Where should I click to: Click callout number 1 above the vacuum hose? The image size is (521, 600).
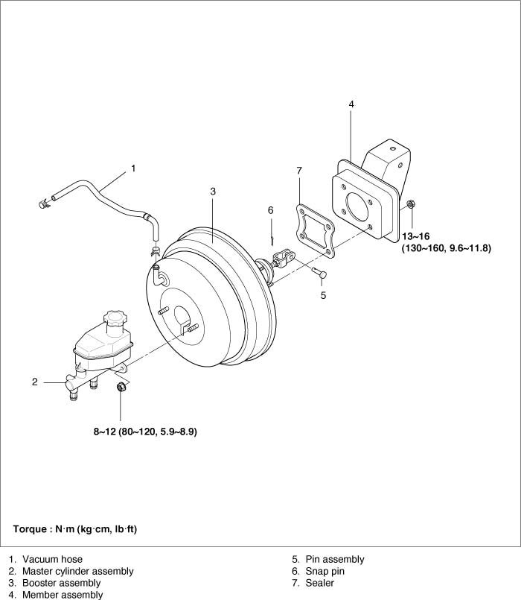tap(133, 168)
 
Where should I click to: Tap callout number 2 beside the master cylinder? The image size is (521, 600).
tap(34, 382)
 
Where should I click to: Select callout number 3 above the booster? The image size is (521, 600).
tap(212, 192)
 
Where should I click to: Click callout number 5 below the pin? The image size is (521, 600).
tap(323, 295)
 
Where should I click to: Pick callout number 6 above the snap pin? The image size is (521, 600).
tap(271, 210)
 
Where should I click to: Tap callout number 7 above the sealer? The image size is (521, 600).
tap(299, 171)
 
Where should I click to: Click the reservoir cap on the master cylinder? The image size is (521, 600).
tap(115, 320)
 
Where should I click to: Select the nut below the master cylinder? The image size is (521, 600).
tap(120, 388)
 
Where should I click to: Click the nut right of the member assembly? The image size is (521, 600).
tap(411, 203)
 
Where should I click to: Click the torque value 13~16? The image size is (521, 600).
tap(417, 236)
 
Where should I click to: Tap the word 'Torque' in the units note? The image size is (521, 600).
tap(29, 529)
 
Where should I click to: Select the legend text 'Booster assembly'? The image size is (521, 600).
tap(61, 583)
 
